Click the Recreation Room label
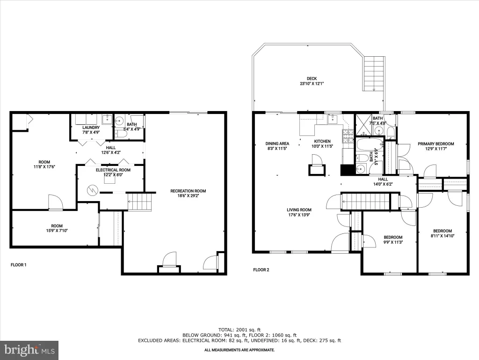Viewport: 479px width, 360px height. (x=188, y=191)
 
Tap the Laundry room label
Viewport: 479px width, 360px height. (x=91, y=127)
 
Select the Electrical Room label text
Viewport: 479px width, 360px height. (x=113, y=170)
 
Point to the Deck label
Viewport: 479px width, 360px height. (x=312, y=79)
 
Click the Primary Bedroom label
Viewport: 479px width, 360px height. (x=435, y=144)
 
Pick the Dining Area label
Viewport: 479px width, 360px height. (x=277, y=143)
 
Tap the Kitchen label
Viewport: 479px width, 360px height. (x=322, y=142)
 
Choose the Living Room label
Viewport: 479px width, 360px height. (x=299, y=210)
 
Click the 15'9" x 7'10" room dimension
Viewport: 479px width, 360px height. (x=57, y=231)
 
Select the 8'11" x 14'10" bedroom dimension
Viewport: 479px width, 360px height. (x=443, y=236)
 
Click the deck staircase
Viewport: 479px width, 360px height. (x=374, y=74)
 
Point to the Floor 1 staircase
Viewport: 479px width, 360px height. (x=139, y=202)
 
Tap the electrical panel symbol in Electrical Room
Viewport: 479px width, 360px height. (x=92, y=191)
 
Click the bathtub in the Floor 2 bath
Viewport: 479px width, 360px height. (x=370, y=144)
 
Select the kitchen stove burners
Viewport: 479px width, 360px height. (x=348, y=136)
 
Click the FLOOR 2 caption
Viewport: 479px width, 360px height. (x=261, y=270)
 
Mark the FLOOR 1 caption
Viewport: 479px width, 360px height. (x=19, y=265)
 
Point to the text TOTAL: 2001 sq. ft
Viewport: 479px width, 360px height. (x=239, y=330)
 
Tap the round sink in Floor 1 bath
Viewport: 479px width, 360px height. (x=119, y=120)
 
